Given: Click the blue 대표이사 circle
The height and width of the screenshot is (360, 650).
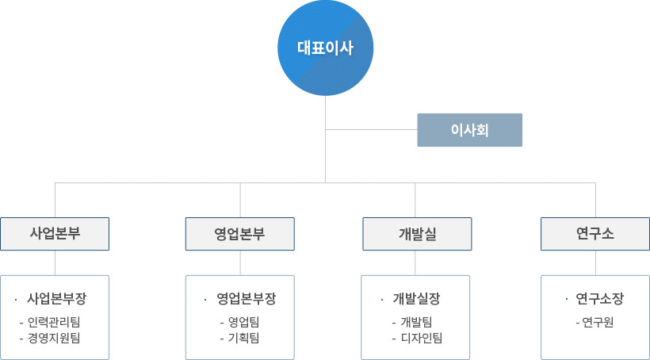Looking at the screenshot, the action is (x=326, y=48).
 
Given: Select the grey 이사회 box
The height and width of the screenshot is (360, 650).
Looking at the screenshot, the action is (x=470, y=130).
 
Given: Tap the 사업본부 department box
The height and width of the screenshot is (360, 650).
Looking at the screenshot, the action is (x=55, y=234).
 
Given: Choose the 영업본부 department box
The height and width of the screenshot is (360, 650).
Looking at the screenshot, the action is (x=240, y=234).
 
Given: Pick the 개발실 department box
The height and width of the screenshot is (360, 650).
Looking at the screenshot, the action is (x=417, y=234).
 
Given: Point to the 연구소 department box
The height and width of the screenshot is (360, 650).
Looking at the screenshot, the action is (x=595, y=234).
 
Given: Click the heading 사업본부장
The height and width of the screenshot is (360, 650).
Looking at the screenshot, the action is (x=57, y=299).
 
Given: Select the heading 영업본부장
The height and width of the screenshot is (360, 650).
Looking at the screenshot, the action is (x=246, y=299).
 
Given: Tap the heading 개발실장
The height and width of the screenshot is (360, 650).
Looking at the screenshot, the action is (x=416, y=299).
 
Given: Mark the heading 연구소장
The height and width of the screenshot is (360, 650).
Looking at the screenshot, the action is (x=599, y=299).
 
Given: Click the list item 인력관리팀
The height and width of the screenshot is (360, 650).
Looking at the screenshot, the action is (x=54, y=322).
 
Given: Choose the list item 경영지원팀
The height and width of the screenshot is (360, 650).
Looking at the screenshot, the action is (x=54, y=338).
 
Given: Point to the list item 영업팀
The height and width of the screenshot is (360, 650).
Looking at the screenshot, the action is (x=244, y=322).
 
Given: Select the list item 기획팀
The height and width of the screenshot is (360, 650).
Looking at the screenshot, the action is (x=244, y=338).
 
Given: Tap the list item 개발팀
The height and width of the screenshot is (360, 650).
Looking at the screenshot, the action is (x=417, y=322).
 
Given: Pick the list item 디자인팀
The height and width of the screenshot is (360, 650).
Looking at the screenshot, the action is (x=422, y=338).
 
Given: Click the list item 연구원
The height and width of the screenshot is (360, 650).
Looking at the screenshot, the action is (x=598, y=322).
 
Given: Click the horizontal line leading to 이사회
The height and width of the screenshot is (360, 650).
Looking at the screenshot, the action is (x=372, y=130).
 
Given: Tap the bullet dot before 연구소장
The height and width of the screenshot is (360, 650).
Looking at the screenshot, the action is (x=567, y=299).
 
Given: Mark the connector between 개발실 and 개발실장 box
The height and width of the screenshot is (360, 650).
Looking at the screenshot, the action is (x=415, y=263).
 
